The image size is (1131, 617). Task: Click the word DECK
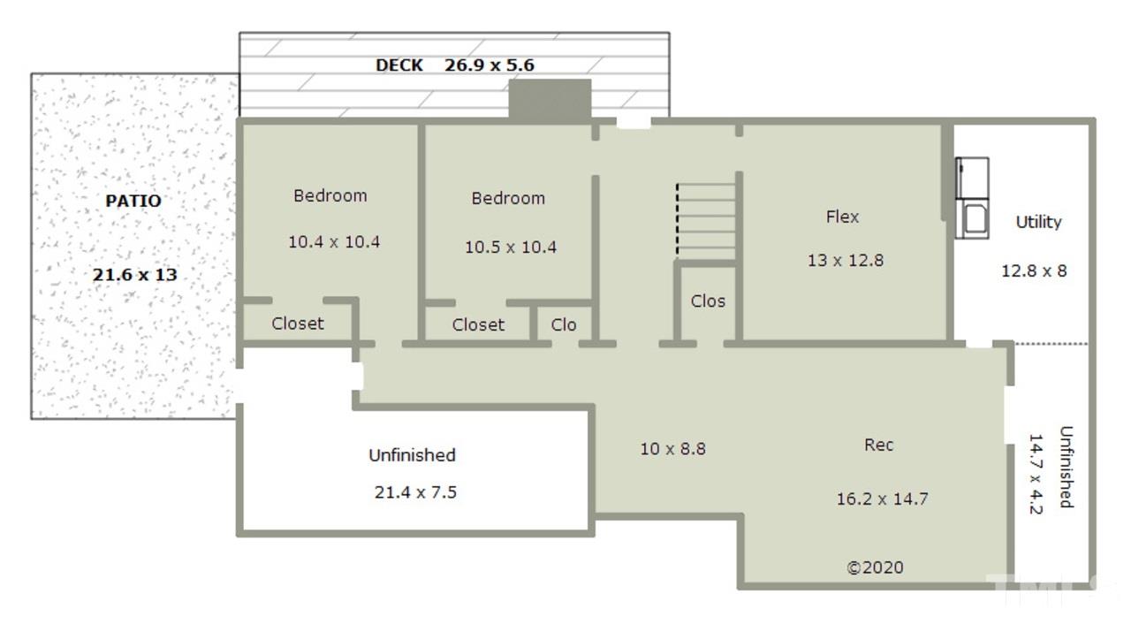399,65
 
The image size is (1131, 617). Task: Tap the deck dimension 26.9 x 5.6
490,65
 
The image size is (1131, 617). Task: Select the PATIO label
133,201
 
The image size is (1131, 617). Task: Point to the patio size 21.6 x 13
135,275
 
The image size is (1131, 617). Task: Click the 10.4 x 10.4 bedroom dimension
334,242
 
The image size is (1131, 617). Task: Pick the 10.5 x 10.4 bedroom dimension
511,247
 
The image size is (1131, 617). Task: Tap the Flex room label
842,217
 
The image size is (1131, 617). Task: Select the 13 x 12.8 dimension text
846,260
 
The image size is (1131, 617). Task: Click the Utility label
1038,222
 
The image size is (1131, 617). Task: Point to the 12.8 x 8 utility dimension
1034,271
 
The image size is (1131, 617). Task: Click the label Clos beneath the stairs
708,301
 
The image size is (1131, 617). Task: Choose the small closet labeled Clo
564,324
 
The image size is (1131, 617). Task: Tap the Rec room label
878,445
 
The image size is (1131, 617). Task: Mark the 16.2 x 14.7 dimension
882,499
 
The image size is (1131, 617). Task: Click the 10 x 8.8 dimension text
672,448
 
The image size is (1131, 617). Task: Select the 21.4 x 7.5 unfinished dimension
415,491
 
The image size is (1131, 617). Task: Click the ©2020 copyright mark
875,567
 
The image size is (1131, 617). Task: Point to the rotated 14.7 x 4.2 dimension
1035,474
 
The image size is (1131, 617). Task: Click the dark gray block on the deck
550,99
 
